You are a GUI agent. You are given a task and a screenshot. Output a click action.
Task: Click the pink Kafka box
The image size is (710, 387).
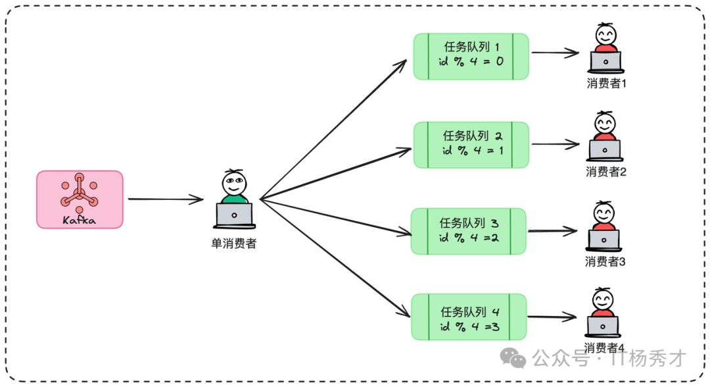tap(80, 199)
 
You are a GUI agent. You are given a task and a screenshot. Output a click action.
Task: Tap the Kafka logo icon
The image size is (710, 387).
tap(79, 192)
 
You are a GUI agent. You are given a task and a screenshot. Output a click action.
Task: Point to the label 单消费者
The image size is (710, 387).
tap(233, 244)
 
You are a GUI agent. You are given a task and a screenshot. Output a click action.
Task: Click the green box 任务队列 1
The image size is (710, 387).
tap(471, 56)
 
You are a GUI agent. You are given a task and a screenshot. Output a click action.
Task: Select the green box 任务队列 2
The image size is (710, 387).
tap(471, 144)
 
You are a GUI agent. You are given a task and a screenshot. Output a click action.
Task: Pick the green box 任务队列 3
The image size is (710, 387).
tap(469, 231)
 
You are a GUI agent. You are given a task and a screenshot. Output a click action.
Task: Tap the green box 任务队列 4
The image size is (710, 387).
tap(469, 317)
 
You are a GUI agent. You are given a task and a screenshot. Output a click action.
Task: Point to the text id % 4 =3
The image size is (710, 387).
tap(469, 325)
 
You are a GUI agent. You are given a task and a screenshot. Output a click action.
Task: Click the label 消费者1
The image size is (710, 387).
tap(605, 84)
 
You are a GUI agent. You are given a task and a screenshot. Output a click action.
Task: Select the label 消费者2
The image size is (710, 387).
tap(605, 172)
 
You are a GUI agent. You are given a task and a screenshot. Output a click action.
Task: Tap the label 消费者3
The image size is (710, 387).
tap(604, 261)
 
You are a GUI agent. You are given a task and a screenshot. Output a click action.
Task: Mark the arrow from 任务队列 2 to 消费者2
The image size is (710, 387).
tap(554, 143)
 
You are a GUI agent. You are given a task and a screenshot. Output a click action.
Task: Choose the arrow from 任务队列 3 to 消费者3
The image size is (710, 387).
tap(552, 231)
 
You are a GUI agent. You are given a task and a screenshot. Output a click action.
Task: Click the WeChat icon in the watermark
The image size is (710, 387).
tap(513, 357)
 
